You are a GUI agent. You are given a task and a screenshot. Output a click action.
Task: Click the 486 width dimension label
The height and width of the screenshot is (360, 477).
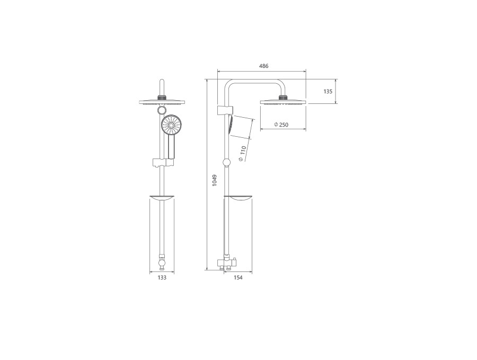[263, 66]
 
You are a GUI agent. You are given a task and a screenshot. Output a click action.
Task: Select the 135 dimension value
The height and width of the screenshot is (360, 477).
[328, 91]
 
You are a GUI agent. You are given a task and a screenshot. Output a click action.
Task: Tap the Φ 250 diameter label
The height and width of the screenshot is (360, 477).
[281, 125]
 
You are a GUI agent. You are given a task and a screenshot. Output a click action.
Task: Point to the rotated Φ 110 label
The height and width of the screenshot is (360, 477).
[242, 154]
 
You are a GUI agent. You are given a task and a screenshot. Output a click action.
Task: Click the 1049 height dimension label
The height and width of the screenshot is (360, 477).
[215, 180]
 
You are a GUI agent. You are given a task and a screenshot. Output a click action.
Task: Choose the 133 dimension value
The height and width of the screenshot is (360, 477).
[162, 277]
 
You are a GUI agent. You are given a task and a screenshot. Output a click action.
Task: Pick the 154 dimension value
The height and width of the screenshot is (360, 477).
[238, 277]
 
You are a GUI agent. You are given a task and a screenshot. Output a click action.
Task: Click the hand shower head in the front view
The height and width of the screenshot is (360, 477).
[172, 125]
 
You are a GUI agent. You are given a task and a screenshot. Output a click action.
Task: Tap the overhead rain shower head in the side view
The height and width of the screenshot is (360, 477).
[283, 102]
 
